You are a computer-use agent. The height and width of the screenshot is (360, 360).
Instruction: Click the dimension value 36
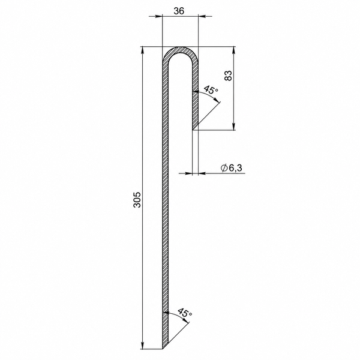pyautogui.click(x=179, y=11)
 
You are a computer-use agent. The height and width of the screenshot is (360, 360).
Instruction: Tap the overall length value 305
pyautogui.click(x=137, y=200)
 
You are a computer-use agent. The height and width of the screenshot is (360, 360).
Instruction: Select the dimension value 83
pyautogui.click(x=228, y=76)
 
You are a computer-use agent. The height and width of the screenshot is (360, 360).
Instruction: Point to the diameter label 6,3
pyautogui.click(x=235, y=168)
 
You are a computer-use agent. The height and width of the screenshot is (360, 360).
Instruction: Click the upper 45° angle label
pyautogui.click(x=211, y=89)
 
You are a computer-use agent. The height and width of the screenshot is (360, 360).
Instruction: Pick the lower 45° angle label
pyautogui.click(x=185, y=313)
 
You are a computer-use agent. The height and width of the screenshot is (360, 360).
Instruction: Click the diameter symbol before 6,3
pyautogui.click(x=224, y=168)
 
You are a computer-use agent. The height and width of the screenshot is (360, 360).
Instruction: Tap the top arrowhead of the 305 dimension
pyautogui.click(x=143, y=50)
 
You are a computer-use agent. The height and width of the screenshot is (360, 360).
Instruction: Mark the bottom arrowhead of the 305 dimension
pyautogui.click(x=143, y=345)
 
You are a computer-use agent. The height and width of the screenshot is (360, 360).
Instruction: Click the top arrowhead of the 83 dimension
pyautogui.click(x=234, y=50)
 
